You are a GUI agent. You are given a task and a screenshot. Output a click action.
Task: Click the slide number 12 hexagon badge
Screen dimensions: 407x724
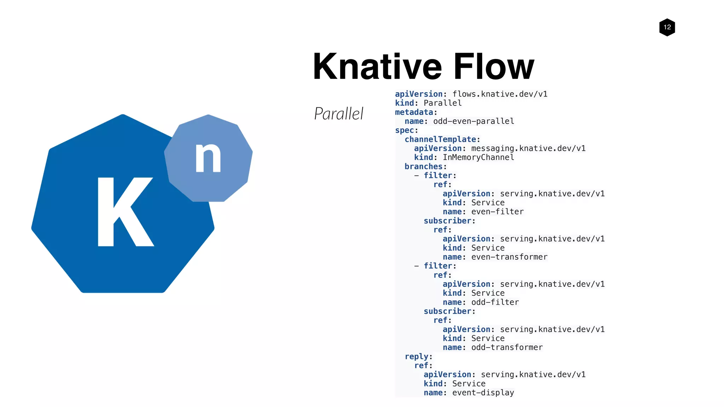pyautogui.click(x=667, y=27)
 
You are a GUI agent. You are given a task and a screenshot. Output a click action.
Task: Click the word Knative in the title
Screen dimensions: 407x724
pyautogui.click(x=377, y=66)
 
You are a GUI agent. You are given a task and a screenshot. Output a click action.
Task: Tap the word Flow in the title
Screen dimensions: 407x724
pyautogui.click(x=494, y=66)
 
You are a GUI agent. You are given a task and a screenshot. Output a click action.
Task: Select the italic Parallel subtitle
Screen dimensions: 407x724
pyautogui.click(x=339, y=114)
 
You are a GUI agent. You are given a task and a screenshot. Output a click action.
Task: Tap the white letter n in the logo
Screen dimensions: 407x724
pyautogui.click(x=208, y=158)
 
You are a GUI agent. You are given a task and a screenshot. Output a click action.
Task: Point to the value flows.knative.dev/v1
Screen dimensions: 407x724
pyautogui.click(x=500, y=94)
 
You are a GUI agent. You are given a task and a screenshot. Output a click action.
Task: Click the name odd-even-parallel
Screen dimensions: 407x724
pyautogui.click(x=473, y=121)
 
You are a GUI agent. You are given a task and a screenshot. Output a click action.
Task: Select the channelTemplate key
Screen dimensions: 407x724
pyautogui.click(x=440, y=139)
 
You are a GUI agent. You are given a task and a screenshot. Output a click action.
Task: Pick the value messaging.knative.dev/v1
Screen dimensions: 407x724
pyautogui.click(x=528, y=148)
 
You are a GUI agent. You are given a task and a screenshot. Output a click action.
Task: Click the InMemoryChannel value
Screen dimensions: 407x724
pyautogui.click(x=478, y=157)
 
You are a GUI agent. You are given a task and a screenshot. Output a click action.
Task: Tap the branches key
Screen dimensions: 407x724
pyautogui.click(x=424, y=166)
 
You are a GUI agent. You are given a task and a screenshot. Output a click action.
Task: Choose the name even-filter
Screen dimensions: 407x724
pyautogui.click(x=497, y=212)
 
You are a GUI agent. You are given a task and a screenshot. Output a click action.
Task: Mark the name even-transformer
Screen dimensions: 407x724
pyautogui.click(x=509, y=257)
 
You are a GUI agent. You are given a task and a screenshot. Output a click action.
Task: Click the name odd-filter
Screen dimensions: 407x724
pyautogui.click(x=495, y=302)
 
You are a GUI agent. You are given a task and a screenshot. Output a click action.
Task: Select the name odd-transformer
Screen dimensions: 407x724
pyautogui.click(x=507, y=347)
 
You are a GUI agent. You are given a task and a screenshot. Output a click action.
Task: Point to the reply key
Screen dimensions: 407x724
pyautogui.click(x=417, y=356)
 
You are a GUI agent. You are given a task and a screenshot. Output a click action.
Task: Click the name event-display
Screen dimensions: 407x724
pyautogui.click(x=483, y=393)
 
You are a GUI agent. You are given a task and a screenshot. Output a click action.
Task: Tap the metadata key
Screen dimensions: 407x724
pyautogui.click(x=414, y=112)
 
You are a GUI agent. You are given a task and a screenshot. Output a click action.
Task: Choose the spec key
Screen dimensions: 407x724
pyautogui.click(x=405, y=130)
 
